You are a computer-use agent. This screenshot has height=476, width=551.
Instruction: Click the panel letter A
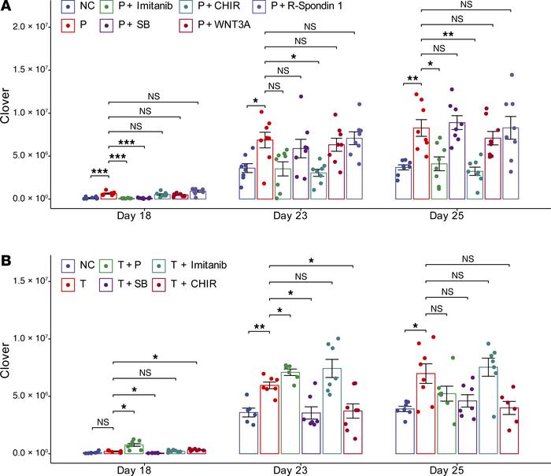point(6,7)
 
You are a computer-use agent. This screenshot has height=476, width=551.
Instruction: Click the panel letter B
point(6,250)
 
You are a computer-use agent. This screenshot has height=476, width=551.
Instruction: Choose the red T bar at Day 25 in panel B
point(425,414)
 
